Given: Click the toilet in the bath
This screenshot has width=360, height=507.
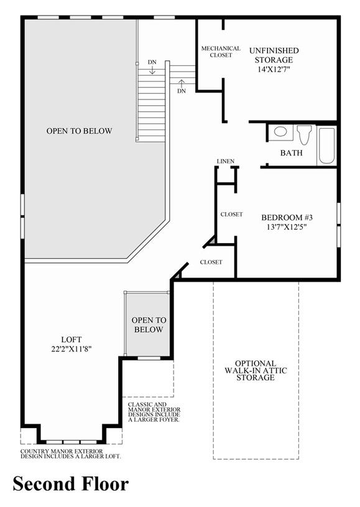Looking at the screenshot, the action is coord(305,135).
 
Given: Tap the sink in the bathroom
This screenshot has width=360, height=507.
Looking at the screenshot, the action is coord(280,132).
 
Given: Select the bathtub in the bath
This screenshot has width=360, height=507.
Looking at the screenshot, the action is coord(326,146).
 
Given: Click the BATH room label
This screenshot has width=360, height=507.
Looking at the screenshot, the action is coord(292,153).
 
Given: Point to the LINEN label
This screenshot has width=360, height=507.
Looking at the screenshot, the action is coord(226,161).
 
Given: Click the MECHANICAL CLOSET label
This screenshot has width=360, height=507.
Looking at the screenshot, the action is coord(221,52).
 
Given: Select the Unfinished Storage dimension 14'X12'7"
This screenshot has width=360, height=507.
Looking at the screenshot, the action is coord(274,70).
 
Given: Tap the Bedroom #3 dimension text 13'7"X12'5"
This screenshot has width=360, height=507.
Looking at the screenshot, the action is coord(287,227).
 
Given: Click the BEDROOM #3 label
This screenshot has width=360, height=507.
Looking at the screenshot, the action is coord(287,217).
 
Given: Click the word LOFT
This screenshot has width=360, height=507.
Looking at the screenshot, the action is coord(72,340).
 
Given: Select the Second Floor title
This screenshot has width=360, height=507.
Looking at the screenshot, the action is coord(71,485).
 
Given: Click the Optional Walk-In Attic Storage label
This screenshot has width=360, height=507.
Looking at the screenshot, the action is coord(256,370).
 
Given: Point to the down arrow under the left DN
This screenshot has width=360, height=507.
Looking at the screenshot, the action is coord(152,70).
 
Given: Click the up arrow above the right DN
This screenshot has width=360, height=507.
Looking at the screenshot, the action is coord(182,83).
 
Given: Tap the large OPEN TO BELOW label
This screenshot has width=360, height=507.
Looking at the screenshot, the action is coord(79,131).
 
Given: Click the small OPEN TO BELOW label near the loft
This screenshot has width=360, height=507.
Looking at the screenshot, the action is coord(149,325).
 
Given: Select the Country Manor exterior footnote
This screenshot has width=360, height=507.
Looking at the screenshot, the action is coord(71,454).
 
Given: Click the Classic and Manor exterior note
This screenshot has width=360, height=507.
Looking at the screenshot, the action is coord(154,412).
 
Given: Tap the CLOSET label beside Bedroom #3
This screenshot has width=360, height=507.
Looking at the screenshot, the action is coord(231,215).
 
